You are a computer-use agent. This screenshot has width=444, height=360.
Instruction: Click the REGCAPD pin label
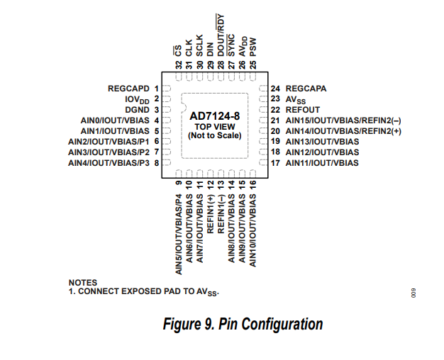pyautogui.click(x=128, y=89)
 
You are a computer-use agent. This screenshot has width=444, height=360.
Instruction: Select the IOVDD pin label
pyautogui.click(x=137, y=100)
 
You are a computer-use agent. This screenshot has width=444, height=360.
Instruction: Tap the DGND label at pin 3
pyautogui.click(x=137, y=110)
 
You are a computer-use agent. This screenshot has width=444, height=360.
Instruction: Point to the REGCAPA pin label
pyautogui.click(x=306, y=89)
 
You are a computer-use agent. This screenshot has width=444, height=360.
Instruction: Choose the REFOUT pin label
pyautogui.click(x=303, y=110)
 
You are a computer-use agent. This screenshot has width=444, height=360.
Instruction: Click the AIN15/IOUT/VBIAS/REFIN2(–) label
pyautogui.click(x=343, y=120)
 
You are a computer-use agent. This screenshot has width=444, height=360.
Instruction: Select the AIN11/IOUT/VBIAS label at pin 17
pyautogui.click(x=322, y=163)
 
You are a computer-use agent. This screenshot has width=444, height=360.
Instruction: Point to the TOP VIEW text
pyautogui.click(x=216, y=125)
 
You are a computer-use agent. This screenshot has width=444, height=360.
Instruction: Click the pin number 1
pyautogui.click(x=155, y=89)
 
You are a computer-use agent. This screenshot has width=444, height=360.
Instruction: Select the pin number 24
pyautogui.click(x=275, y=89)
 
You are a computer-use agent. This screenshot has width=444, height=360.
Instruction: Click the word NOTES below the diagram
pyautogui.click(x=83, y=283)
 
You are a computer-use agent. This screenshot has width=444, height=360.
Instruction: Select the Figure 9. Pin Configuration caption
pyautogui.click(x=243, y=325)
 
